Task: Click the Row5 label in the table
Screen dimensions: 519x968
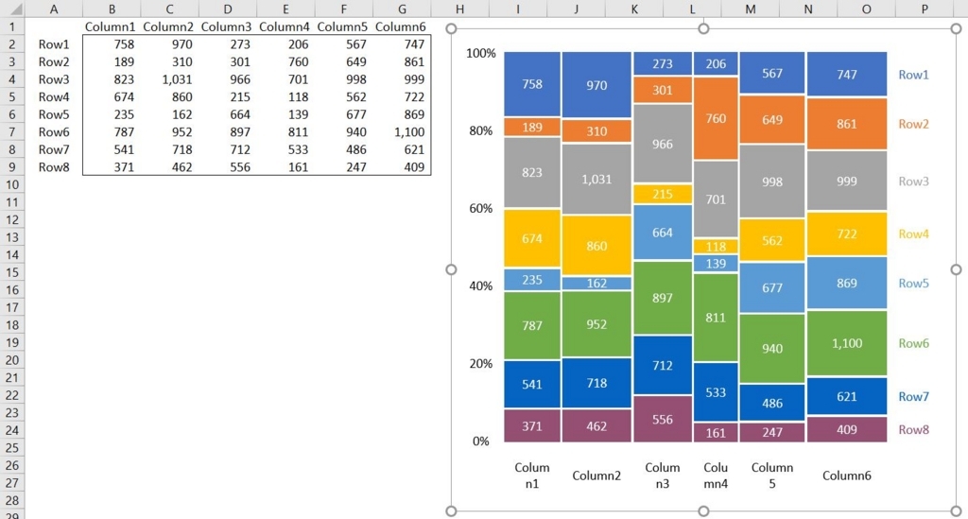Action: click(54, 114)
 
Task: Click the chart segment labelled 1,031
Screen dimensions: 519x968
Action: click(596, 179)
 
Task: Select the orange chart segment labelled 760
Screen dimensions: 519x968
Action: click(716, 118)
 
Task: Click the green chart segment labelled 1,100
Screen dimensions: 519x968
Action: click(847, 343)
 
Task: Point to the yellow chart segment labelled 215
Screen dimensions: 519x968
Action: click(663, 194)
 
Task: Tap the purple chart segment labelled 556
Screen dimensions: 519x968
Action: click(663, 419)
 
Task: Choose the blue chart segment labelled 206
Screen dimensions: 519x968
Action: click(716, 64)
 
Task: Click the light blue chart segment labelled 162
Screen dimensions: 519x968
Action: click(596, 283)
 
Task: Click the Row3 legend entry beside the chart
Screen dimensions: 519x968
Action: click(913, 182)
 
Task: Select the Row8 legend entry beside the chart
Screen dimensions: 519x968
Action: click(913, 429)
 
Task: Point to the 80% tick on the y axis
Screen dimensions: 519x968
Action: click(481, 130)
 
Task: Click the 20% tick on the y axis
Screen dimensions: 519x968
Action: click(481, 363)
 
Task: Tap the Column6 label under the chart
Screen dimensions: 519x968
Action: click(847, 476)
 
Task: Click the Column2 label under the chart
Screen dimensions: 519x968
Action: click(596, 476)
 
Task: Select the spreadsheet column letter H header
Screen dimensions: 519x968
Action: click(459, 9)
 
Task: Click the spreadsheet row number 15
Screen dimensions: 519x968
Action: click(13, 272)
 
